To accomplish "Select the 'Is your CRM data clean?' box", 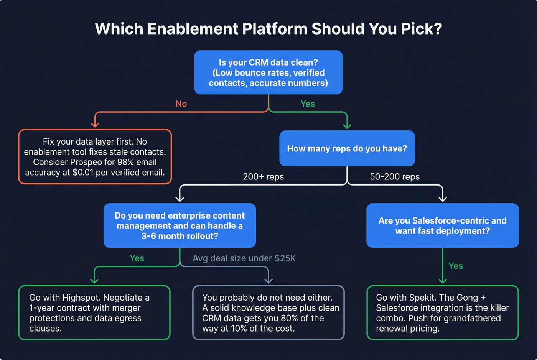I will [x=268, y=72].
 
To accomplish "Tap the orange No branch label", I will [x=181, y=104].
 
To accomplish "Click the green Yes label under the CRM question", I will [x=308, y=104].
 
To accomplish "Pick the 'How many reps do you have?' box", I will [x=347, y=148].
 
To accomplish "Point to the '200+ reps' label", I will [x=263, y=177].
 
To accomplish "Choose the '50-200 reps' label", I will [x=394, y=177].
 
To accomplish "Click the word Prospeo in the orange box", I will [x=88, y=162].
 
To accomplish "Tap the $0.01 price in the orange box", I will [x=83, y=173].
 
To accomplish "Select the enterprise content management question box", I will [x=180, y=225].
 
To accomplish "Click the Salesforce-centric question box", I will [x=442, y=225].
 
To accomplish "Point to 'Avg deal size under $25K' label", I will [x=244, y=258].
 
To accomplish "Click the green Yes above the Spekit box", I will [x=455, y=266].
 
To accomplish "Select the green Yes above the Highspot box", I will [x=137, y=258].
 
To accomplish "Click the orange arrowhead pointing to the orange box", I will [x=95, y=124].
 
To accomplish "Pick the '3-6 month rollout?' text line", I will [x=180, y=236].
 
